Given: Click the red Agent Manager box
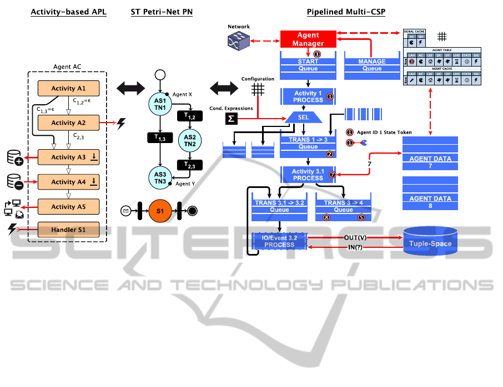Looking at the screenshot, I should point(308,39).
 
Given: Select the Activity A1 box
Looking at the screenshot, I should point(68,88).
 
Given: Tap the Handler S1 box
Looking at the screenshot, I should point(68,229).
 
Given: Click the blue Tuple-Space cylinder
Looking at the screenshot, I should point(430,243).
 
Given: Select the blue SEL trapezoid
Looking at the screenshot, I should point(303,118).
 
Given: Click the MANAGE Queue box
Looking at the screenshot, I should point(372,65).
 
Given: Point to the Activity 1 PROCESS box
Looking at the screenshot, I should point(308,96).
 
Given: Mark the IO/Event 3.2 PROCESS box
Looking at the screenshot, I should point(279,241).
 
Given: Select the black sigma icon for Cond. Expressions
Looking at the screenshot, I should point(230,118).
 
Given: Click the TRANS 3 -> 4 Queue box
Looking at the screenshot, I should point(343,206).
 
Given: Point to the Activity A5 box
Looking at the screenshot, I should point(68,207).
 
